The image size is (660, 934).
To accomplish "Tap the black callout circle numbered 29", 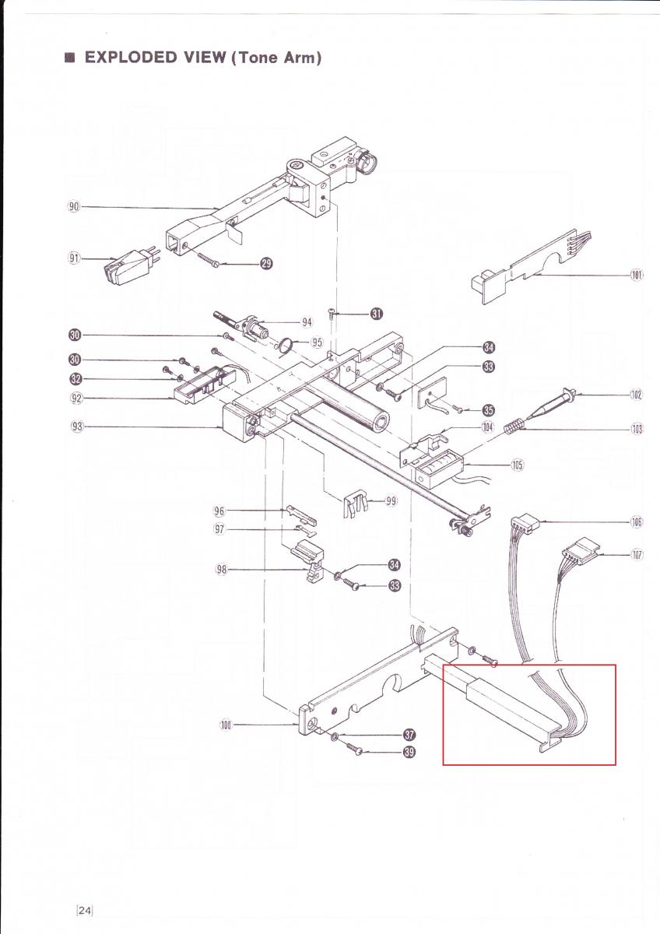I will (x=266, y=265).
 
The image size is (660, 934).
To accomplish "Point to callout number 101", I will (x=637, y=275).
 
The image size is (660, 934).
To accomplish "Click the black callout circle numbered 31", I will (x=377, y=314).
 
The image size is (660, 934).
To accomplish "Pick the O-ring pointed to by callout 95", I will (x=286, y=343).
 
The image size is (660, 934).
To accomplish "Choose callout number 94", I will (x=307, y=322).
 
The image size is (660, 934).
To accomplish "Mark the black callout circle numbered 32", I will (x=75, y=379).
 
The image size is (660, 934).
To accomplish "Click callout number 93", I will (x=76, y=427).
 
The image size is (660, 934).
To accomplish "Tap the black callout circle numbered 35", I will (x=488, y=409).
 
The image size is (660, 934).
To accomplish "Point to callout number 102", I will (x=637, y=395).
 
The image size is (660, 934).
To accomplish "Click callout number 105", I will (x=517, y=465).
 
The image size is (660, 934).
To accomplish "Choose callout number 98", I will (x=221, y=570).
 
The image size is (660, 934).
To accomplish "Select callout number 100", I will (x=226, y=725).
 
